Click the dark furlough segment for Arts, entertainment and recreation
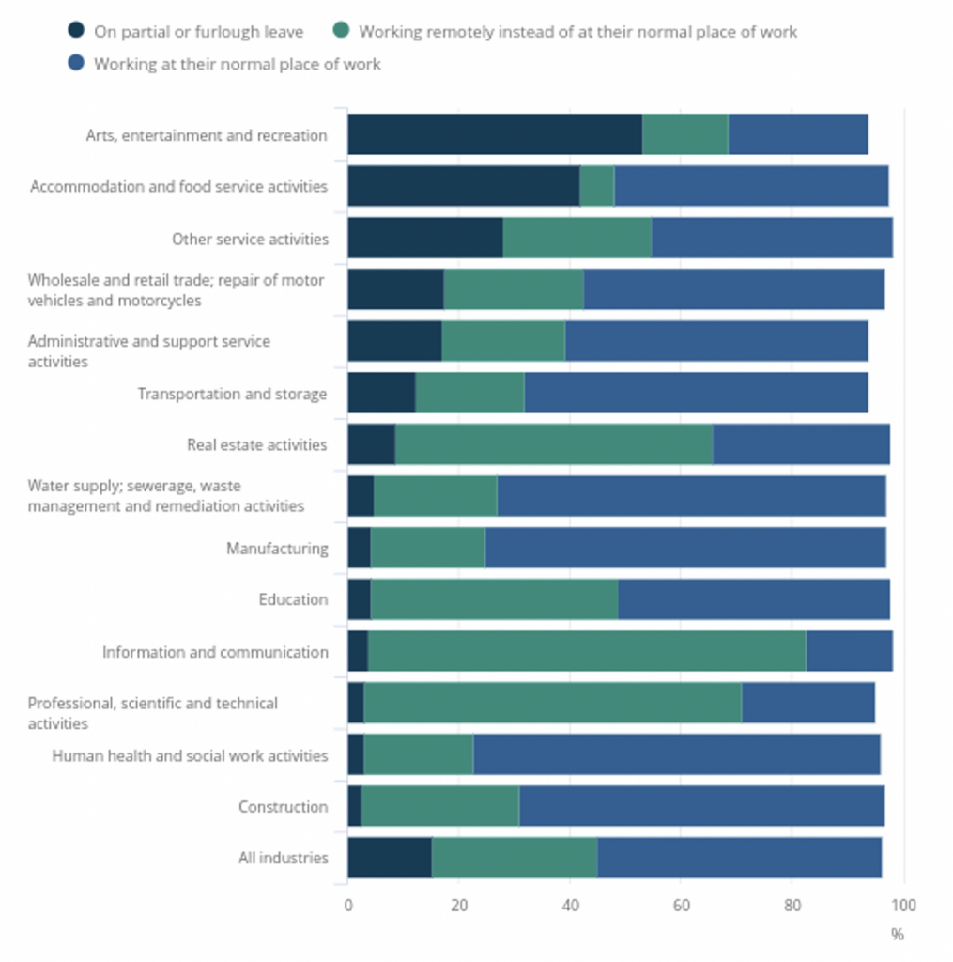(x=495, y=134)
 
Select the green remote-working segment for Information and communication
(x=587, y=651)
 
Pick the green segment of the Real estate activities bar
(x=554, y=444)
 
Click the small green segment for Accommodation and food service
(x=597, y=186)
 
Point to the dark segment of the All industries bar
(x=390, y=858)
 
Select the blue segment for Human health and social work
(x=676, y=755)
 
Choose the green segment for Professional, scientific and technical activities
(x=552, y=704)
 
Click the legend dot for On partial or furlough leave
(x=77, y=31)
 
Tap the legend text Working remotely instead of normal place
(x=577, y=32)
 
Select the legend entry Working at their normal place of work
(x=237, y=64)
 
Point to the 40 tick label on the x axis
(x=570, y=906)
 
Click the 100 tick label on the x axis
(x=903, y=906)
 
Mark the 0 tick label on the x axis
(x=348, y=906)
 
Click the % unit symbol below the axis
(x=897, y=934)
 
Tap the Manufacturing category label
(x=277, y=549)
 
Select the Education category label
(x=293, y=599)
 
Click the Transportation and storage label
(x=232, y=394)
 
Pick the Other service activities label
(x=250, y=239)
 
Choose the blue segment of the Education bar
(x=753, y=599)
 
